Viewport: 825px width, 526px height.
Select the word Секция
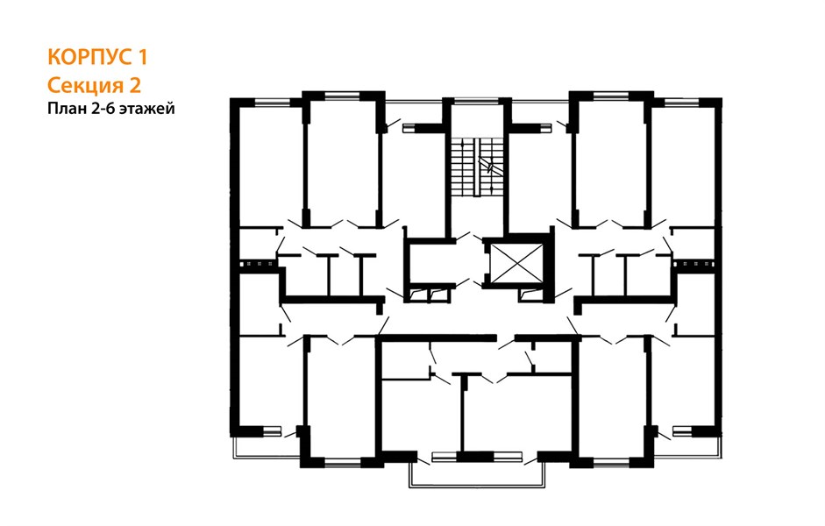tap(81, 85)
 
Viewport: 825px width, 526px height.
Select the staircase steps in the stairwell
tap(476, 167)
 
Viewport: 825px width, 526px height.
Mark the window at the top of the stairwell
tap(476, 100)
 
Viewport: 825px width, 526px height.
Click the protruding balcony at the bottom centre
tap(477, 473)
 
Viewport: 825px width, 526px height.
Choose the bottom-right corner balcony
tap(687, 444)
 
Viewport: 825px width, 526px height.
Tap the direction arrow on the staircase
tap(489, 166)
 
